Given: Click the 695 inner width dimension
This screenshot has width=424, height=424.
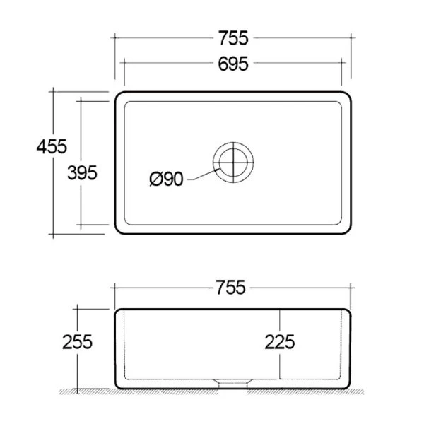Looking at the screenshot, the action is tap(233, 64).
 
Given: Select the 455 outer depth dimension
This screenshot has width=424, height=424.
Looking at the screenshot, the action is tap(52, 146).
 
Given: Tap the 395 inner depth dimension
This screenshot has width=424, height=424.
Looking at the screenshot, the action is tap(82, 173).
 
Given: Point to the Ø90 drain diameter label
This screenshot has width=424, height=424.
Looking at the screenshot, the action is tap(166, 179).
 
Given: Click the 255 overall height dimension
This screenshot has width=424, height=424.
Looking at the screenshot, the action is tap(77, 342).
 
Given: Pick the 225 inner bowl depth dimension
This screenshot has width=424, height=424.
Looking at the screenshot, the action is tap(280, 342).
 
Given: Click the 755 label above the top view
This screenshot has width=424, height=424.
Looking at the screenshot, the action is tap(233, 38).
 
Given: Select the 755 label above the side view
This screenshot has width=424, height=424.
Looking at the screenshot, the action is tap(230, 287).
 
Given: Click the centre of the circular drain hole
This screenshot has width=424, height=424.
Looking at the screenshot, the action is tap(233, 163).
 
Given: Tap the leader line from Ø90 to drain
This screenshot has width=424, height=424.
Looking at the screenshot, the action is tap(204, 175).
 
